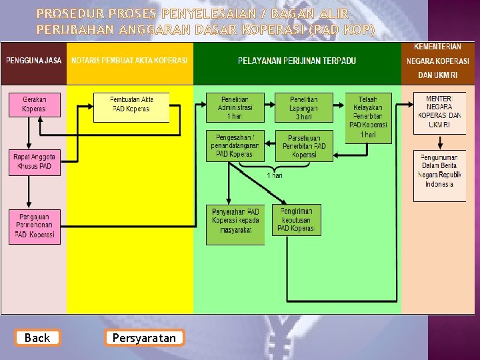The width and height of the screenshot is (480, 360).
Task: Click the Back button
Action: [37, 338]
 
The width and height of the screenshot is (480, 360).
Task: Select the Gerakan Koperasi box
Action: [34, 103]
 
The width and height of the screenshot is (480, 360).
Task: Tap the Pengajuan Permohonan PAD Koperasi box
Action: [35, 226]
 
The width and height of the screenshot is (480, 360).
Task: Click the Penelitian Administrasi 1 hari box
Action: [234, 107]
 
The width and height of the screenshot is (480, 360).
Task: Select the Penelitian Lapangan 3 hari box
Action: [303, 107]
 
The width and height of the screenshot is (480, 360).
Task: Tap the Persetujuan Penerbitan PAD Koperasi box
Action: [304, 146]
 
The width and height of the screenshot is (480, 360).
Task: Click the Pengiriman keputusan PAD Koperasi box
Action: [296, 219]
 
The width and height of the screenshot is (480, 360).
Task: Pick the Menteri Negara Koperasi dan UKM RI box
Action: [439, 111]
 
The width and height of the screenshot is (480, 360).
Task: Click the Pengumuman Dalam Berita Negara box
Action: [440, 175]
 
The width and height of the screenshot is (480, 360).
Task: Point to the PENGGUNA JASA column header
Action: [34, 60]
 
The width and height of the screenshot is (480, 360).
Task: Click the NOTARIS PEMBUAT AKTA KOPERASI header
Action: [130, 60]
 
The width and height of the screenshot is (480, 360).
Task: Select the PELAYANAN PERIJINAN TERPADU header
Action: [297, 61]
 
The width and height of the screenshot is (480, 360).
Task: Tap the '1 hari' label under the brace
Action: [275, 175]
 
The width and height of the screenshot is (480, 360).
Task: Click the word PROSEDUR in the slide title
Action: [69, 13]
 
